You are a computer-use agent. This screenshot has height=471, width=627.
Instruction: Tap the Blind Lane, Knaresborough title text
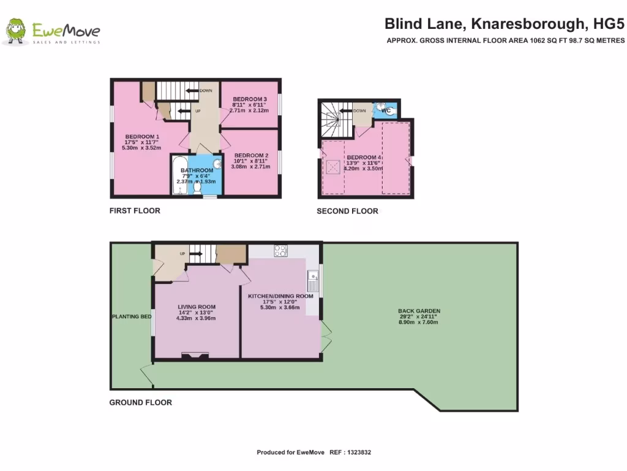pos(505,25)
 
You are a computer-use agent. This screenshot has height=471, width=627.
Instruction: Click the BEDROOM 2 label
pos(252,155)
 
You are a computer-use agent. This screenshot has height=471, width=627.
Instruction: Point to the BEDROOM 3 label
pos(250,99)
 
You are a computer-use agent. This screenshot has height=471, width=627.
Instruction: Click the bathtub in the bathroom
pos(179,175)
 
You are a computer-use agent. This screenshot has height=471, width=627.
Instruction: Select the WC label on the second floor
pos(386,110)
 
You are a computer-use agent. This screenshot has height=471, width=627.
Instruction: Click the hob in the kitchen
pos(280,250)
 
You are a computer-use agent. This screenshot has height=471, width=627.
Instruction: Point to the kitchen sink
pos(313,281)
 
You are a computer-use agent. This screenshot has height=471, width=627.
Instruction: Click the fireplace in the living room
pos(196,354)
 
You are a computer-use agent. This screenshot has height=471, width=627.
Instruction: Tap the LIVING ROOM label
pos(197,307)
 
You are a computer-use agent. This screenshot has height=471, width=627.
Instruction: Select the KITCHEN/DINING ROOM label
pos(280,296)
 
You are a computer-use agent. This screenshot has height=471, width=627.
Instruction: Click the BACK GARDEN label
pos(419,311)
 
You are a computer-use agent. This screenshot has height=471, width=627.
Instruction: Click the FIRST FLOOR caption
pos(135,211)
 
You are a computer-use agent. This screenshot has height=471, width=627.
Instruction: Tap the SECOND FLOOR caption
pos(347,212)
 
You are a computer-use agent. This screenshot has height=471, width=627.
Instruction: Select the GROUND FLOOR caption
pos(140,403)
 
